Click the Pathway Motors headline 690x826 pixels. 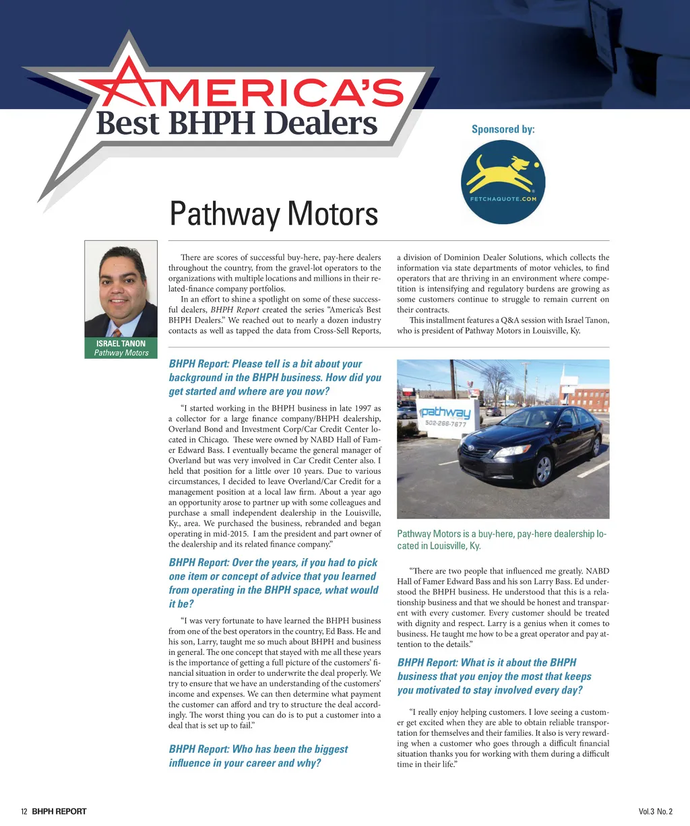(274, 213)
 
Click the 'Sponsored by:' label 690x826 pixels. (503, 129)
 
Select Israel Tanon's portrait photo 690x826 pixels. (121, 289)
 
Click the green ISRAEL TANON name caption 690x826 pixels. (121, 348)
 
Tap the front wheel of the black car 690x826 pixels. (542, 469)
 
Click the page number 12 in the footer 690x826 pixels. (24, 811)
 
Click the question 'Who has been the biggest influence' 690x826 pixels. (258, 756)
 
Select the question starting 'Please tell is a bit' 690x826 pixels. (275, 378)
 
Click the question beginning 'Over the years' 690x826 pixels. (274, 583)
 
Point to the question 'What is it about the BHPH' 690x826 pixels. (494, 677)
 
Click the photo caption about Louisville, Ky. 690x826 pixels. (502, 540)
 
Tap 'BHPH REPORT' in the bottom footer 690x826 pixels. (59, 811)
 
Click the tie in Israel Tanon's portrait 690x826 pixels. (116, 332)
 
